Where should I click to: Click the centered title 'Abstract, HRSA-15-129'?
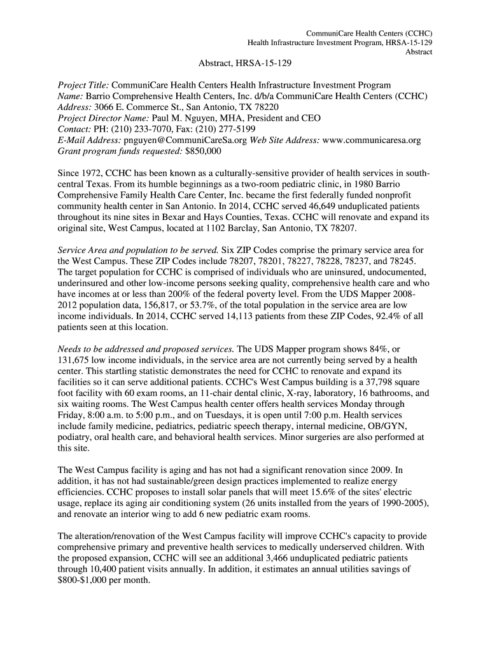coord(245,63)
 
